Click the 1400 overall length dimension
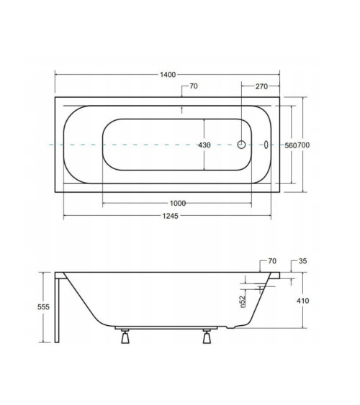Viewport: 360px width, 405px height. click(x=168, y=75)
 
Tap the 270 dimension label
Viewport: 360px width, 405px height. click(x=261, y=86)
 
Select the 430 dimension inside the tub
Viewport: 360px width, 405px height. click(x=204, y=145)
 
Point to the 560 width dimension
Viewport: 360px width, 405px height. click(x=291, y=145)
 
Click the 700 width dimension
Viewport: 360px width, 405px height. click(x=303, y=145)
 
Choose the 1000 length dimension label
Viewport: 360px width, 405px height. click(x=178, y=204)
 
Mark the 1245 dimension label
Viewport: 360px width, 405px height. click(x=171, y=216)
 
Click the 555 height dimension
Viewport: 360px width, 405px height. click(x=43, y=307)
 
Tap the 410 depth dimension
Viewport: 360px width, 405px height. click(x=302, y=301)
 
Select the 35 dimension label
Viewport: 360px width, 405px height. click(x=302, y=261)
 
